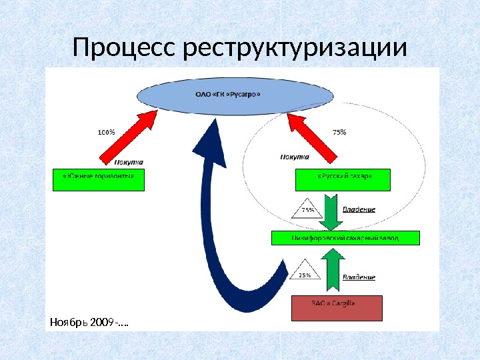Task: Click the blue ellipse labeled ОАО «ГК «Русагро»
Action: tap(234, 94)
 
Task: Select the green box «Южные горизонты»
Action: tap(99, 180)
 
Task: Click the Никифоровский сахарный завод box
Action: tap(345, 238)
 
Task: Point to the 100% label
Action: tap(106, 132)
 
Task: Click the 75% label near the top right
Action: tap(339, 132)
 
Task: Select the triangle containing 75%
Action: tap(308, 209)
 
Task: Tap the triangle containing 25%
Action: tap(304, 273)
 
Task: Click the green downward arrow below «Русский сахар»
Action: tap(331, 210)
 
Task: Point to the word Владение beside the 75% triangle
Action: tap(359, 210)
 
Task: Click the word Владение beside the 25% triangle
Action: tap(359, 277)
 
